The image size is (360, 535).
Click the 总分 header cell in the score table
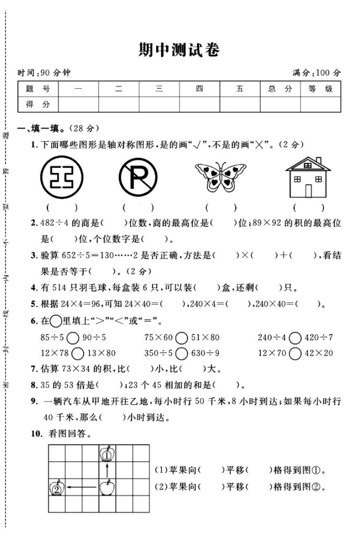[x=280, y=89]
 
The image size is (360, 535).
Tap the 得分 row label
[x=38, y=104]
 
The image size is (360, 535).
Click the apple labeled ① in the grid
[x=107, y=453]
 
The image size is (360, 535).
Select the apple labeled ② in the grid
[x=56, y=488]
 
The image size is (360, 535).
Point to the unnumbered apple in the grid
[x=107, y=488]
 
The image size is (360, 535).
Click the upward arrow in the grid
[x=107, y=471]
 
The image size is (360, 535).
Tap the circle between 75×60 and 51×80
[x=181, y=338]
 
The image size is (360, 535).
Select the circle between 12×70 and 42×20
[x=295, y=353]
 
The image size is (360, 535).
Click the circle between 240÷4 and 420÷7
[x=295, y=338]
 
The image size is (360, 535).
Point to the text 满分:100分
[x=316, y=73]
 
